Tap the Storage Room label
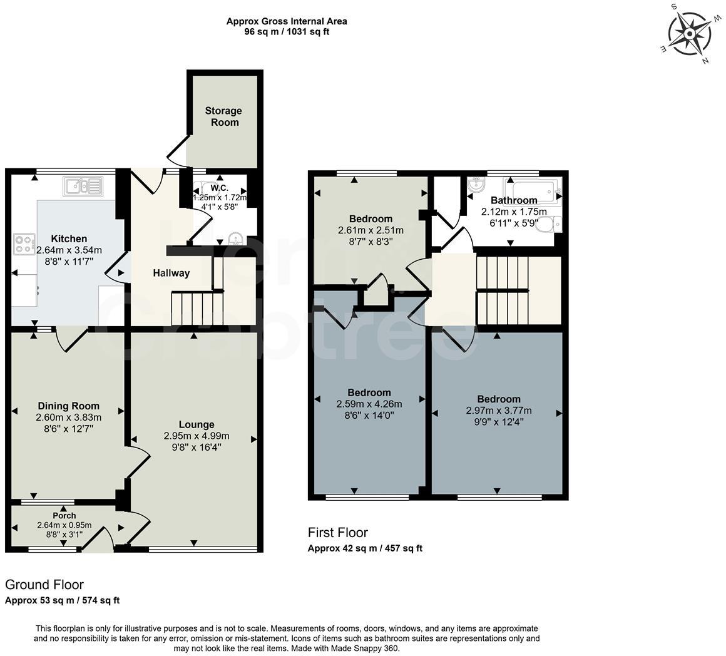point(223,116)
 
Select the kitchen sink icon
point(83,185)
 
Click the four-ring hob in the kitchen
point(25,243)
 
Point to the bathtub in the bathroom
point(533,189)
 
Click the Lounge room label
point(197,424)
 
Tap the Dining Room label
point(69,406)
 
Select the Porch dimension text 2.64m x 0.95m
point(64,525)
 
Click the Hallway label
point(171,273)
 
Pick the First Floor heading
point(337,533)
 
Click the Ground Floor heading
point(44,585)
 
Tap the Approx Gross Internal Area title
point(287,21)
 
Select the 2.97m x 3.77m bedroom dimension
point(498,411)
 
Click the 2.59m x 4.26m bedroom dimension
point(369,404)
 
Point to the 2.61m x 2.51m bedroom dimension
point(371,230)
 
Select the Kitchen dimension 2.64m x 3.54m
point(69,250)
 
